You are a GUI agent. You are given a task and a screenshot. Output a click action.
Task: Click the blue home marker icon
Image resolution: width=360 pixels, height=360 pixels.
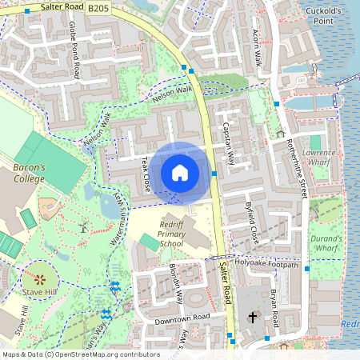(180, 172)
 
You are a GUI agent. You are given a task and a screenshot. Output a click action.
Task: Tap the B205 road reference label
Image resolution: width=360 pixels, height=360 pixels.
(99, 8)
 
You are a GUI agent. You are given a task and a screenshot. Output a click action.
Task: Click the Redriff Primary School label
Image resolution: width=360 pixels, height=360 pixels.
(171, 232)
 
